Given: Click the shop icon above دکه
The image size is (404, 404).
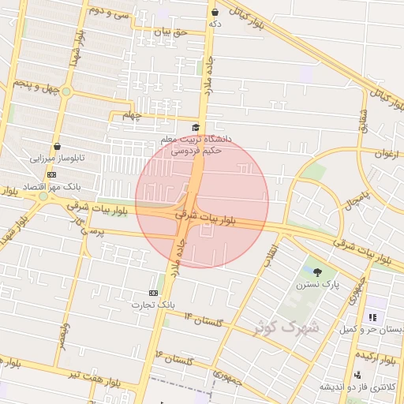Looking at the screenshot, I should pyautogui.click(x=215, y=13).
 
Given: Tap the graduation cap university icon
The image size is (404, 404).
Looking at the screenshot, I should pyautogui.click(x=196, y=128).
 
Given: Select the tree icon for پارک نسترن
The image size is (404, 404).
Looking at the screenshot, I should pyautogui.click(x=317, y=272).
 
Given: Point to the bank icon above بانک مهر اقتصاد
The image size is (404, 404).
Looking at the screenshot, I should pyautogui.click(x=52, y=174).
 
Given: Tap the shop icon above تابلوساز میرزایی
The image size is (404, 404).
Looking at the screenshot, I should pyautogui.click(x=56, y=146).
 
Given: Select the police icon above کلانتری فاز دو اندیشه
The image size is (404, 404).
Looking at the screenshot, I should pyautogui.click(x=357, y=375).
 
